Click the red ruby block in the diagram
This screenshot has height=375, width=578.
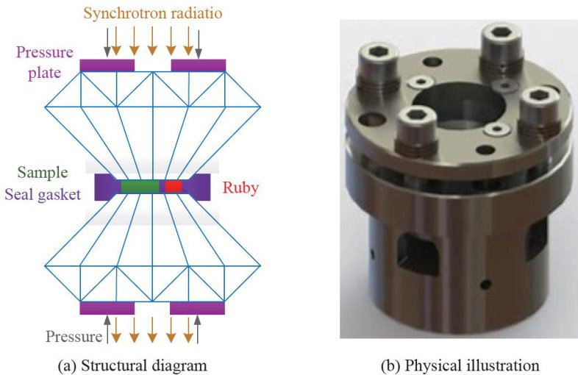173,186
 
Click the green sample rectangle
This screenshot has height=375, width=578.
139,186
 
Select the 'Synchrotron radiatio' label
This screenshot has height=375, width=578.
153,12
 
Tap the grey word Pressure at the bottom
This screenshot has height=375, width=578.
74,337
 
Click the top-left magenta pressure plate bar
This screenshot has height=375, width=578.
107,65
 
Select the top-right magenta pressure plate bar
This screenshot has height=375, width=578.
198,65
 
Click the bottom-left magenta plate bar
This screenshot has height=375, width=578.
107,307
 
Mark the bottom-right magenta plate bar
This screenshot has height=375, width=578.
197,307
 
